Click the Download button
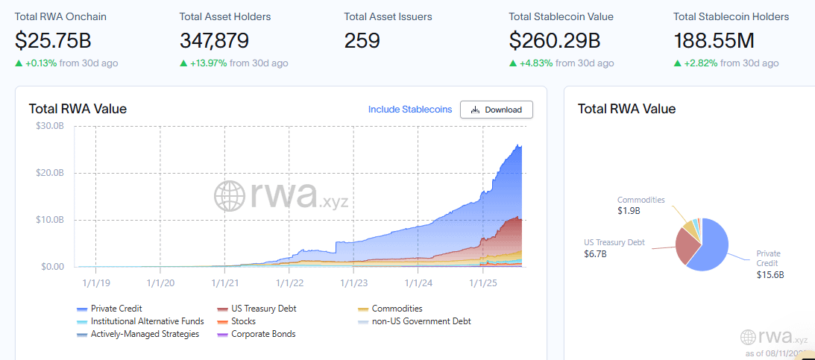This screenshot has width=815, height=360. click(x=497, y=110)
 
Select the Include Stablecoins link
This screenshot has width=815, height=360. click(x=410, y=110)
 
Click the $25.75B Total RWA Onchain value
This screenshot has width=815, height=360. click(x=53, y=41)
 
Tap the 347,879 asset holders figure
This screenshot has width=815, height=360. click(x=214, y=41)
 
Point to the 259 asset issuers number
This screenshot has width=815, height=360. click(x=362, y=41)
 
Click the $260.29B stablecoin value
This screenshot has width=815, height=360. click(x=555, y=41)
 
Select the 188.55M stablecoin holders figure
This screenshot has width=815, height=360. click(x=714, y=41)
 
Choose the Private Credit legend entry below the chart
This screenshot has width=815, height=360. click(x=110, y=309)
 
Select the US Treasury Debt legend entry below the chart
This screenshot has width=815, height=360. click(x=257, y=309)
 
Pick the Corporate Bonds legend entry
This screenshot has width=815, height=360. click(x=257, y=334)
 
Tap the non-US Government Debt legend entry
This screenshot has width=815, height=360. click(x=415, y=321)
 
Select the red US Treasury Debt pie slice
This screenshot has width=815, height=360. click(x=687, y=246)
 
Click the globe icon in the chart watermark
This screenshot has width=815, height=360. click(x=229, y=195)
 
